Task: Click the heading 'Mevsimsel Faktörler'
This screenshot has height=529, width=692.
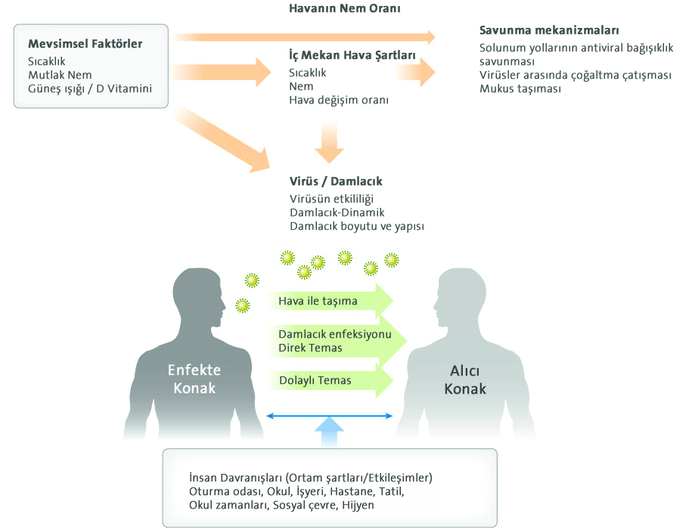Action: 85,44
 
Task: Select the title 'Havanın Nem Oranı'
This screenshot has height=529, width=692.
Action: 345,8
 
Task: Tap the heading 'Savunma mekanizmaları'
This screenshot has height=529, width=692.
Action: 549,30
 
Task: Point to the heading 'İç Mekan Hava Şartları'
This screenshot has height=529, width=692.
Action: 352,54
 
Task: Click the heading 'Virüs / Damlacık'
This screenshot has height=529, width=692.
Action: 336,181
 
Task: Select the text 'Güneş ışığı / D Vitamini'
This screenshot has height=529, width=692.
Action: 90,88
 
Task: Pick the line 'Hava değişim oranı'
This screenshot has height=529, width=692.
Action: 339,100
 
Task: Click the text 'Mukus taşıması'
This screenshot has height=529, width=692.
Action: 520,88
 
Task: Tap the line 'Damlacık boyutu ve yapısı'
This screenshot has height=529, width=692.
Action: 357,226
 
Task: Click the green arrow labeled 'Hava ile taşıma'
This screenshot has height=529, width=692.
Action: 330,301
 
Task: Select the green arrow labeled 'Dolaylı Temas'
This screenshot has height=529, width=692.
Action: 330,380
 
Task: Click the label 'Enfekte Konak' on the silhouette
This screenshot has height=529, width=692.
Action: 194,379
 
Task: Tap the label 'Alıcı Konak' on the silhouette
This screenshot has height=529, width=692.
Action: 465,379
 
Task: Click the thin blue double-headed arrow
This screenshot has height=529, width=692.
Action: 330,416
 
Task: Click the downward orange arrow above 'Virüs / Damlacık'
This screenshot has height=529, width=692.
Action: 329,142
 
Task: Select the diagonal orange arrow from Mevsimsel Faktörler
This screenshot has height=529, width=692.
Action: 220,140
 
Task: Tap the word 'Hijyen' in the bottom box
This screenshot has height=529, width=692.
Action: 358,505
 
